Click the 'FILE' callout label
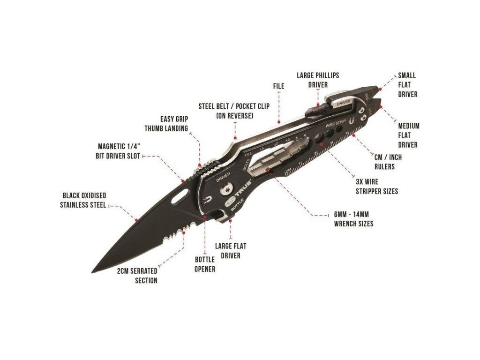(x=278, y=86)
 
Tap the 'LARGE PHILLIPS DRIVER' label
(x=318, y=80)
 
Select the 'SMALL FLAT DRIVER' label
(x=407, y=85)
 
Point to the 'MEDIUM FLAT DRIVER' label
(x=409, y=135)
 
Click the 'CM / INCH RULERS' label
(x=388, y=162)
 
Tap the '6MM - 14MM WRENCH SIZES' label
(x=353, y=219)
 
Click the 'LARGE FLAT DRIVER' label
(x=230, y=251)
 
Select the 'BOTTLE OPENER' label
(x=205, y=264)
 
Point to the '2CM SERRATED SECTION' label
(x=137, y=276)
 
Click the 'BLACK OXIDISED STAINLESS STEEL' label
(x=83, y=200)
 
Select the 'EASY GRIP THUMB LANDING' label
(x=166, y=124)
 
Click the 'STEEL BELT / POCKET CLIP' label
(x=234, y=111)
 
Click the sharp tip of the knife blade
(x=92, y=272)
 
